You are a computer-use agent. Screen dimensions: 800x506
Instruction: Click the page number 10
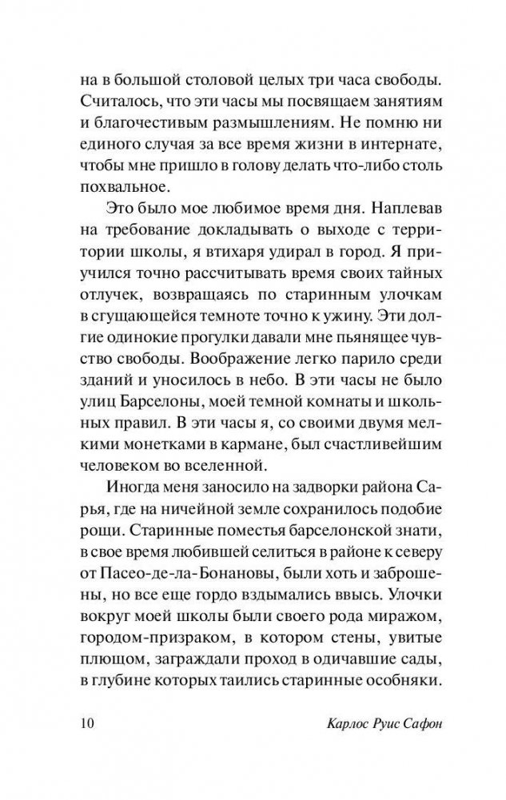point(87,724)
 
